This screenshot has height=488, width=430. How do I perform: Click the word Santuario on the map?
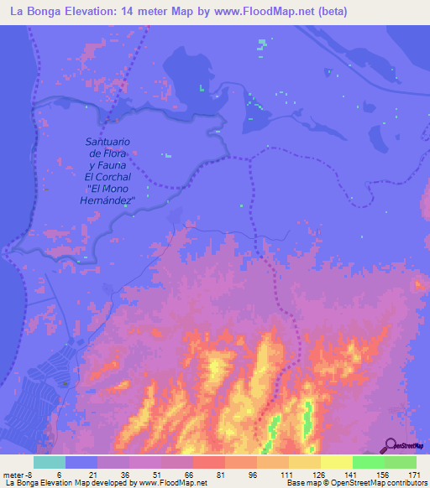108,143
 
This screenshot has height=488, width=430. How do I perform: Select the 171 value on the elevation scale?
416,475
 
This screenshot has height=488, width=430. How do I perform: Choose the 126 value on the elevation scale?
317,475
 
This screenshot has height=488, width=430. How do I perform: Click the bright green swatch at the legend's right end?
401,462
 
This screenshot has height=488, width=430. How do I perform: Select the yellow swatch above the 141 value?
337,462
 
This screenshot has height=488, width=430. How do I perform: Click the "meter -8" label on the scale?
17,475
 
